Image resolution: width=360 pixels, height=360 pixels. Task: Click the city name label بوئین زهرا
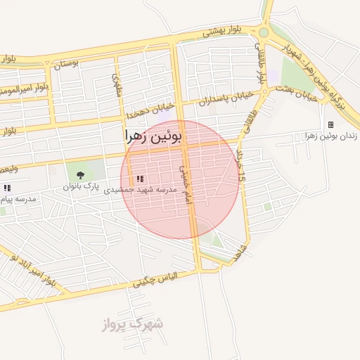point(153,134)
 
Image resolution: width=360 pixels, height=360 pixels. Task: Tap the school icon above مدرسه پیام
point(6,188)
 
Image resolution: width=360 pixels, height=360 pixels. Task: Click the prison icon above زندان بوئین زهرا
point(330,125)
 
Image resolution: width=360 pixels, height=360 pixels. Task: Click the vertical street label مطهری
point(117,85)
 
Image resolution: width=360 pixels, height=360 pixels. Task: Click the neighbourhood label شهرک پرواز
point(132,325)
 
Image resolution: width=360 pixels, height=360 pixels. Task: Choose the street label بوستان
point(65,63)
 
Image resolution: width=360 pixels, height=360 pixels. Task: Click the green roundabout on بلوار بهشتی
point(264,32)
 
